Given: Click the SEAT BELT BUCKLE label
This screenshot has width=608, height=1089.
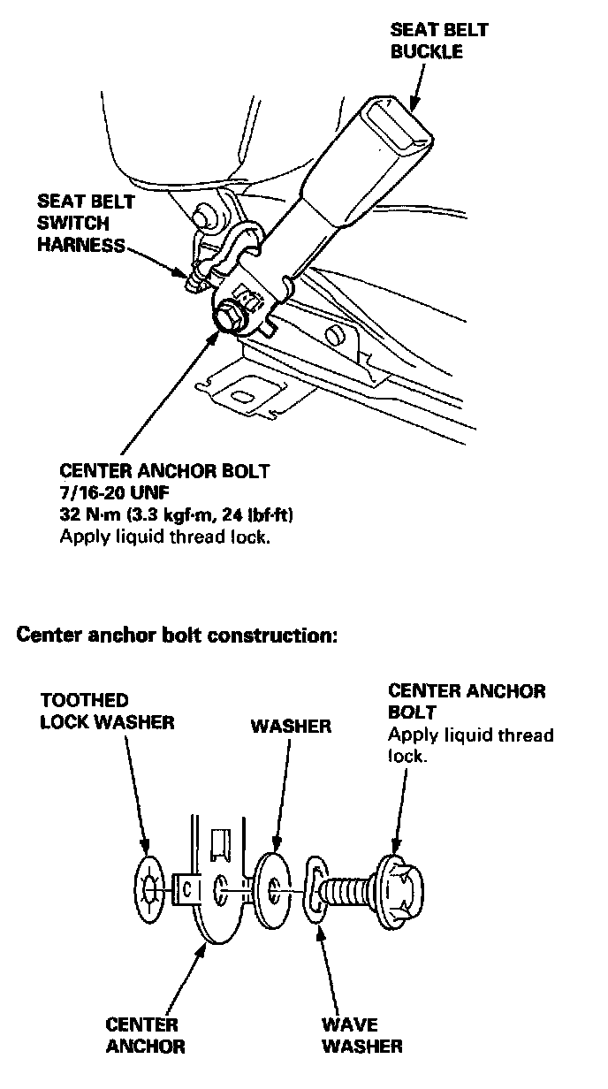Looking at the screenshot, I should coord(439,41).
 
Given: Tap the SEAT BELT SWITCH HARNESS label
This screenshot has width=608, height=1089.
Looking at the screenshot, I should coord(85,224).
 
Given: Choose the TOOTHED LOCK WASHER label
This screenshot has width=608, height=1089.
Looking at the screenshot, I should coord(107,711).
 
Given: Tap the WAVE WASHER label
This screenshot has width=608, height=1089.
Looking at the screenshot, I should coord(361,1035).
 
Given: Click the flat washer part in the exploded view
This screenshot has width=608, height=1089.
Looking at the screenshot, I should coord(277,887).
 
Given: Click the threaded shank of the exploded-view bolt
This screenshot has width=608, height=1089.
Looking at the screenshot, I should coord(349,887).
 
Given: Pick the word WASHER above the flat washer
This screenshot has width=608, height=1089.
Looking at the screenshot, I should coord(291,727).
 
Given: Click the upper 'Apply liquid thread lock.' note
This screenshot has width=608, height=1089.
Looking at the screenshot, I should coord(163,537).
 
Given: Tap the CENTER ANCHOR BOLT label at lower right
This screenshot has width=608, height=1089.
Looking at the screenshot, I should coord(467,699).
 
